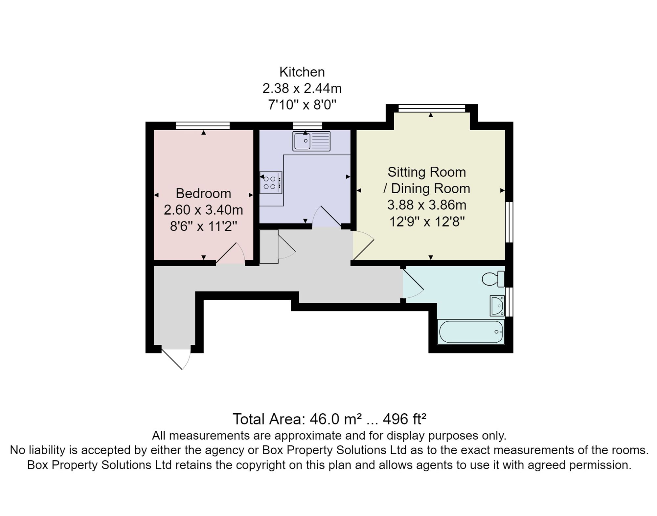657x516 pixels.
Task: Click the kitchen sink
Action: pyautogui.click(x=311, y=141)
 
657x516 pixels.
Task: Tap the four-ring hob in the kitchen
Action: pyautogui.click(x=271, y=183)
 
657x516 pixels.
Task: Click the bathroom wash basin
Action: pyautogui.click(x=497, y=306)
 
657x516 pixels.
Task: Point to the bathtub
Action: pyautogui.click(x=471, y=332)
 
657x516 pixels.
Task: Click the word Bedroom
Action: pyautogui.click(x=203, y=193)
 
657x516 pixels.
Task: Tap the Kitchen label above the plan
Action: pyautogui.click(x=302, y=72)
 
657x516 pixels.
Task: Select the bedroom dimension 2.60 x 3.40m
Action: pyautogui.click(x=203, y=210)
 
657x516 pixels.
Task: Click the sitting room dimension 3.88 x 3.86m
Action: pyautogui.click(x=427, y=205)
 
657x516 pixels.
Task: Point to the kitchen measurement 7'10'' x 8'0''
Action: pyautogui.click(x=302, y=105)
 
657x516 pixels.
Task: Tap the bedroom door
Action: pyautogui.click(x=230, y=253)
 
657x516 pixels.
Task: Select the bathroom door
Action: pyautogui.click(x=413, y=284)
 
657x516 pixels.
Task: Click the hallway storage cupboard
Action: pyautogui.click(x=269, y=247)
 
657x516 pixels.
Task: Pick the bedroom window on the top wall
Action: pyautogui.click(x=203, y=126)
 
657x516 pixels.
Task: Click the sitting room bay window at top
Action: pyautogui.click(x=432, y=108)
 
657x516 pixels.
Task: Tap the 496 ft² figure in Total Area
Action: pyautogui.click(x=405, y=419)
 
